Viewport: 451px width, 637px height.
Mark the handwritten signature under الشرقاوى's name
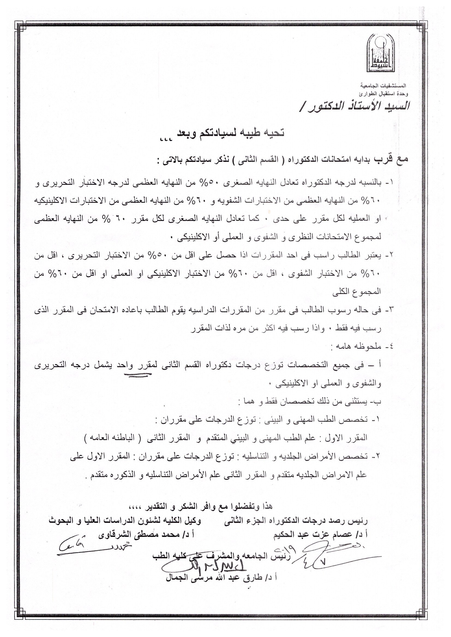tap(92, 548)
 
